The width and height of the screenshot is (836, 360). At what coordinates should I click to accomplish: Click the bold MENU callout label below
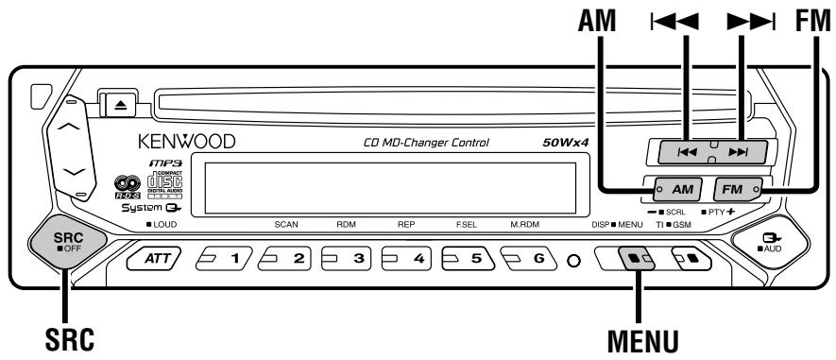[645, 335]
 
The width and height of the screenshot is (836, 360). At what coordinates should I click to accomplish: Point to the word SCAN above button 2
[285, 228]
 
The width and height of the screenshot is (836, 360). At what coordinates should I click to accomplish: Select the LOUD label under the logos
[162, 228]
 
